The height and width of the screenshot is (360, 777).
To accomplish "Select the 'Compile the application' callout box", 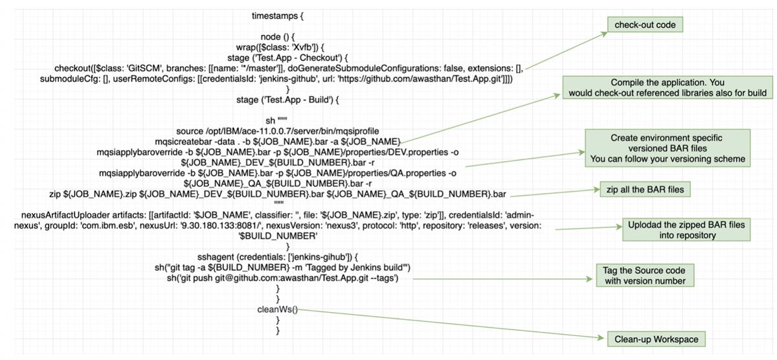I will coord(667,88).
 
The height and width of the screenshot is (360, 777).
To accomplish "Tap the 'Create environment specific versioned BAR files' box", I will coord(667,148).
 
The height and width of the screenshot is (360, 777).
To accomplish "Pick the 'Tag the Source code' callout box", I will coord(644,275).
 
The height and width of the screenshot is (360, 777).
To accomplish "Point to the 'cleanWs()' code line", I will coord(277,309).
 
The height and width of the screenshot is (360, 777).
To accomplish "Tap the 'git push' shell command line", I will coord(282,278).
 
